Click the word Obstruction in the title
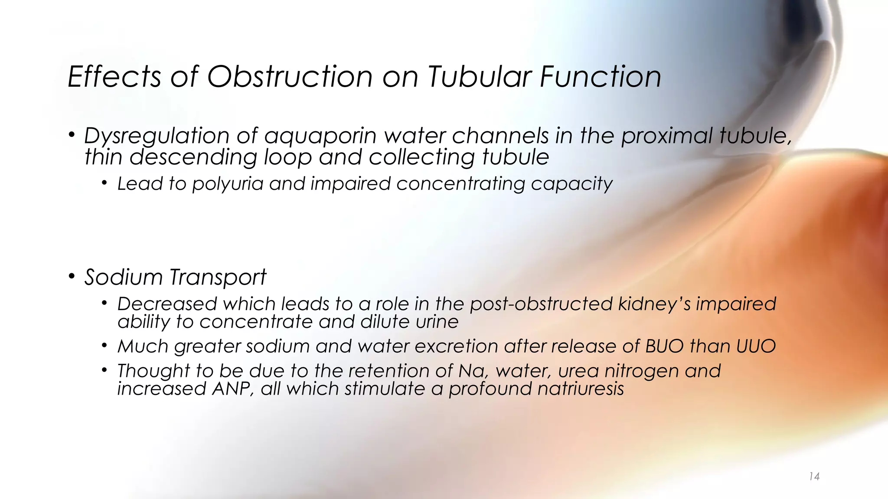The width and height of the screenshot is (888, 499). point(290,77)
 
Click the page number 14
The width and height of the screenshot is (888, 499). point(814,477)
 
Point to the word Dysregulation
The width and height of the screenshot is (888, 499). point(157,136)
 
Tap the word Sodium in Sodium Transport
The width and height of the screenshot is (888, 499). point(123,277)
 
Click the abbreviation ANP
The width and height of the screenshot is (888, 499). point(233,389)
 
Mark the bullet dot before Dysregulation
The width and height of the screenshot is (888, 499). point(72,135)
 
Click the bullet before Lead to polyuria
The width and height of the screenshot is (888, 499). point(104,183)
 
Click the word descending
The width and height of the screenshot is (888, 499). point(193,157)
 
